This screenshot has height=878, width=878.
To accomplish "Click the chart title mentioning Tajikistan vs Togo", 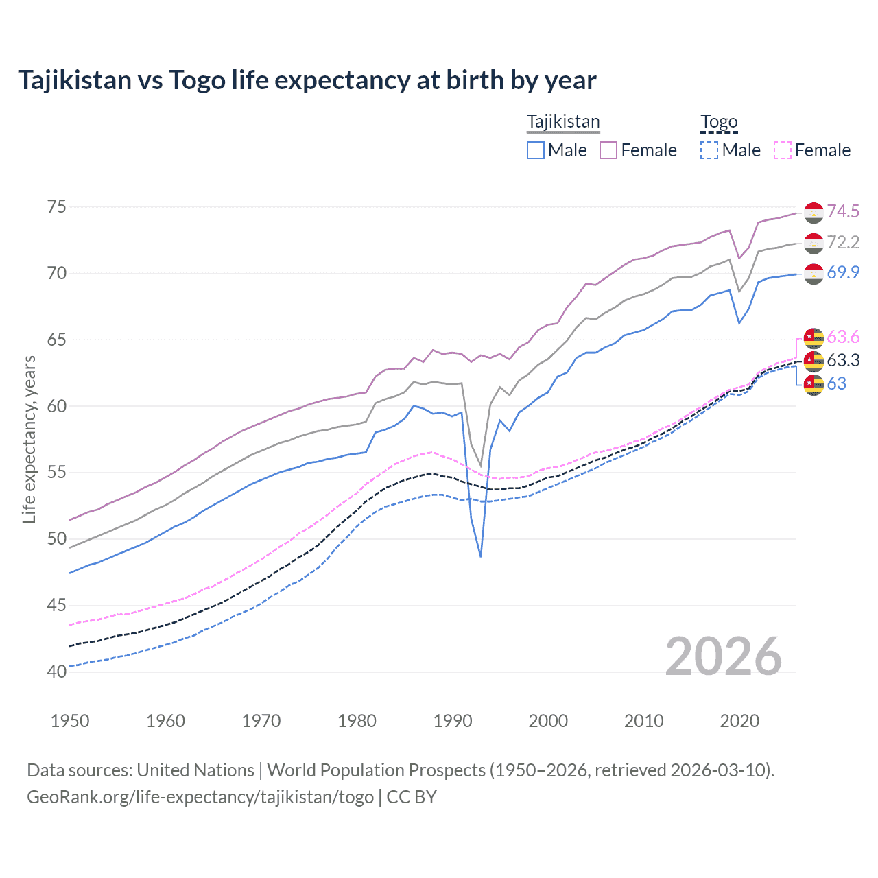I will pyautogui.click(x=307, y=80).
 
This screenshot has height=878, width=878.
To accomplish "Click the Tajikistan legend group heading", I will pyautogui.click(x=562, y=121).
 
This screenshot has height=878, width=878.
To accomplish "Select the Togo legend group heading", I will pyautogui.click(x=718, y=121).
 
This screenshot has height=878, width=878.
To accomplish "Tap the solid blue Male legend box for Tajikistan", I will pyautogui.click(x=536, y=150).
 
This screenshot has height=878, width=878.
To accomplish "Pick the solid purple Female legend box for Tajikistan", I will pyautogui.click(x=608, y=150).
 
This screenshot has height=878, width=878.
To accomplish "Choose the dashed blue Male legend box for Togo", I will pyautogui.click(x=709, y=150).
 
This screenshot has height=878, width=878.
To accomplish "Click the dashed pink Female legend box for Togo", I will pyautogui.click(x=783, y=150).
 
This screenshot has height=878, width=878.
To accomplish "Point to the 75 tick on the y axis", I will pyautogui.click(x=57, y=206).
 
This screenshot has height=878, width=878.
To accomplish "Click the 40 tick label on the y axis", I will pyautogui.click(x=57, y=672).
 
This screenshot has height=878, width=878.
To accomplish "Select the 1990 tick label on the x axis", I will pyautogui.click(x=453, y=721).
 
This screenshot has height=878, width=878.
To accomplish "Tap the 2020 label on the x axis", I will pyautogui.click(x=739, y=721).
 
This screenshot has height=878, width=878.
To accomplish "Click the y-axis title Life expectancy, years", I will pyautogui.click(x=29, y=439).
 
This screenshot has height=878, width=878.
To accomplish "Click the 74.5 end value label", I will pyautogui.click(x=843, y=211).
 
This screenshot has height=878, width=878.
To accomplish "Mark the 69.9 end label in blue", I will pyautogui.click(x=843, y=272).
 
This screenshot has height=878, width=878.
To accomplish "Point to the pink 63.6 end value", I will pyautogui.click(x=843, y=337).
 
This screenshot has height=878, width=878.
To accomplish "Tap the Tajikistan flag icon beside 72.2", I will pyautogui.click(x=814, y=243).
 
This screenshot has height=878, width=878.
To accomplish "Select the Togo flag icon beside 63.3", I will pyautogui.click(x=814, y=360).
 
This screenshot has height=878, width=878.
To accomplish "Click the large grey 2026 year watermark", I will pyautogui.click(x=723, y=656).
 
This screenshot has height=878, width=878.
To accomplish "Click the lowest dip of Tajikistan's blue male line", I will pyautogui.click(x=481, y=556).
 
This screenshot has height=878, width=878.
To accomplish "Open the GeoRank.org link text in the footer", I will pyautogui.click(x=200, y=797).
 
